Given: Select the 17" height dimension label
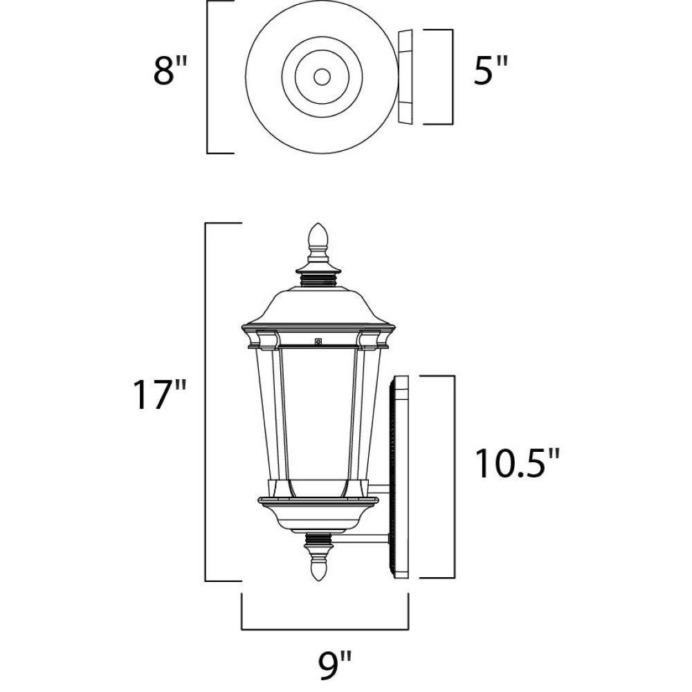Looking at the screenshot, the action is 160,394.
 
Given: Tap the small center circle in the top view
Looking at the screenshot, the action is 322,78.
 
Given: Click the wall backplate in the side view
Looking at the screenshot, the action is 399,477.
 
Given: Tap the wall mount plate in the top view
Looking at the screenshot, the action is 405,77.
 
